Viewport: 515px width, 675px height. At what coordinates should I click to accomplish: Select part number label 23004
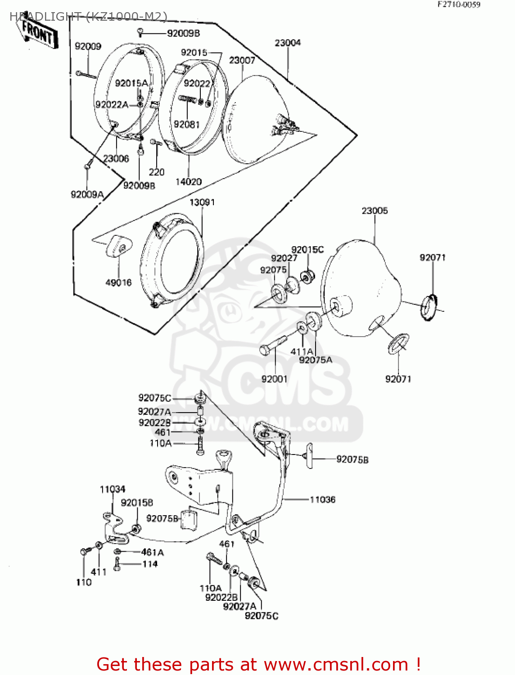(x=288, y=43)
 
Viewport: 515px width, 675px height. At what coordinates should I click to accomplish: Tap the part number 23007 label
(x=242, y=60)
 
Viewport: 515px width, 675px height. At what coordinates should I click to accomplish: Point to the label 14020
(x=188, y=182)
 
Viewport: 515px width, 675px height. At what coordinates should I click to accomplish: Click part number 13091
(x=202, y=202)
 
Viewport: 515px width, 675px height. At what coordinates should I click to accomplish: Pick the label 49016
(x=118, y=283)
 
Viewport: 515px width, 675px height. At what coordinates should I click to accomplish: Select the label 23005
(x=375, y=211)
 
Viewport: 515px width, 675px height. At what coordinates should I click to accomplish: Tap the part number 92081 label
(x=187, y=124)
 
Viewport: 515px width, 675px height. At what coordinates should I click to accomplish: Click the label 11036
(x=322, y=499)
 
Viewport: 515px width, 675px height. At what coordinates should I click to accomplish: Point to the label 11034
(x=113, y=489)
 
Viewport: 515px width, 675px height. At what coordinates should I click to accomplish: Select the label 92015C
(x=307, y=250)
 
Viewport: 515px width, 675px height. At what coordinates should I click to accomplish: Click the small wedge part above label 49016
(x=119, y=246)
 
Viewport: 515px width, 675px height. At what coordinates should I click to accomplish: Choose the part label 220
(x=157, y=172)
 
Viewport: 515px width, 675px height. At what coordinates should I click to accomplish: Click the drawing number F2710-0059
(x=459, y=4)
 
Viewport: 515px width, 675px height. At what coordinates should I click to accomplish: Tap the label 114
(x=150, y=564)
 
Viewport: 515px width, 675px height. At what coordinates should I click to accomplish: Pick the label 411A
(x=302, y=351)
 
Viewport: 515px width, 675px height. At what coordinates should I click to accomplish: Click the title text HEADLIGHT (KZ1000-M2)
(x=88, y=17)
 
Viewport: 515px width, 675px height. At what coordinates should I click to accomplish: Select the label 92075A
(x=316, y=360)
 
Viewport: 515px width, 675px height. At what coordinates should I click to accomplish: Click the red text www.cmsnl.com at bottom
(x=335, y=664)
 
